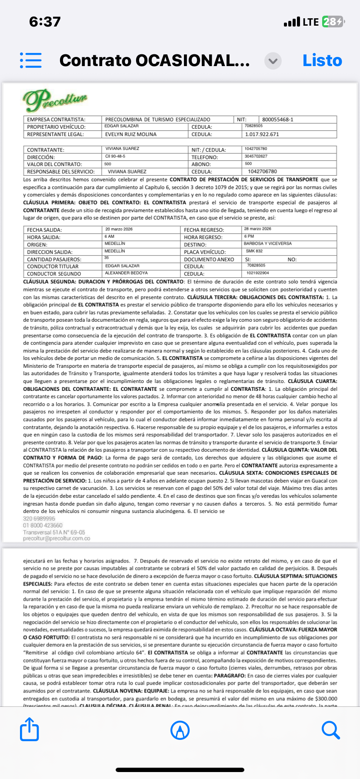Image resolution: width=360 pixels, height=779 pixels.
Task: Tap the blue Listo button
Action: tap(322, 60)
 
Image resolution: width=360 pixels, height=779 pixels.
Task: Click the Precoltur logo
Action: tap(55, 100)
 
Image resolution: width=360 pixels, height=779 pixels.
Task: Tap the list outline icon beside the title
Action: tap(31, 60)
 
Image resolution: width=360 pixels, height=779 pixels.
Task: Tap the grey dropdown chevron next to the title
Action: tap(273, 61)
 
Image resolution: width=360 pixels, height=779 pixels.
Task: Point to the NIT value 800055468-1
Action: tap(278, 120)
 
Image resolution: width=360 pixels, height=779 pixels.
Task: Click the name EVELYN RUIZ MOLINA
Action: tap(131, 134)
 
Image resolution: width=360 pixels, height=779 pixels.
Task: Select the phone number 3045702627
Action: tap(256, 156)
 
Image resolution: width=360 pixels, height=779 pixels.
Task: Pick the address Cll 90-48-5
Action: tap(115, 156)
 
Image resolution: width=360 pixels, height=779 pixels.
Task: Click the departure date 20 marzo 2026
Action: tap(119, 229)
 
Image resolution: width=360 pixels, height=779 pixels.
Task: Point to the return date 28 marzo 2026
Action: tap(257, 229)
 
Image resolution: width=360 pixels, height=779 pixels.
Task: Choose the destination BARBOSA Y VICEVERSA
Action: tap(267, 244)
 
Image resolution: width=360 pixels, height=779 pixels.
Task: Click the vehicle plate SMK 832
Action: tap(254, 251)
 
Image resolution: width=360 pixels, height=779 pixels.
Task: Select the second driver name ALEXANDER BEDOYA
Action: tap(126, 273)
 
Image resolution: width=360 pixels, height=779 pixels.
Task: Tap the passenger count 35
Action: tap(107, 258)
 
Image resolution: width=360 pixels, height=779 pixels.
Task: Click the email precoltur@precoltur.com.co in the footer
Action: tap(57, 539)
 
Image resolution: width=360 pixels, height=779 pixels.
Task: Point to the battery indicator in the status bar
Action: tap(333, 22)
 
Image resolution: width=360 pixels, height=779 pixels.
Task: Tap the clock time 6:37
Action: tap(45, 22)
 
